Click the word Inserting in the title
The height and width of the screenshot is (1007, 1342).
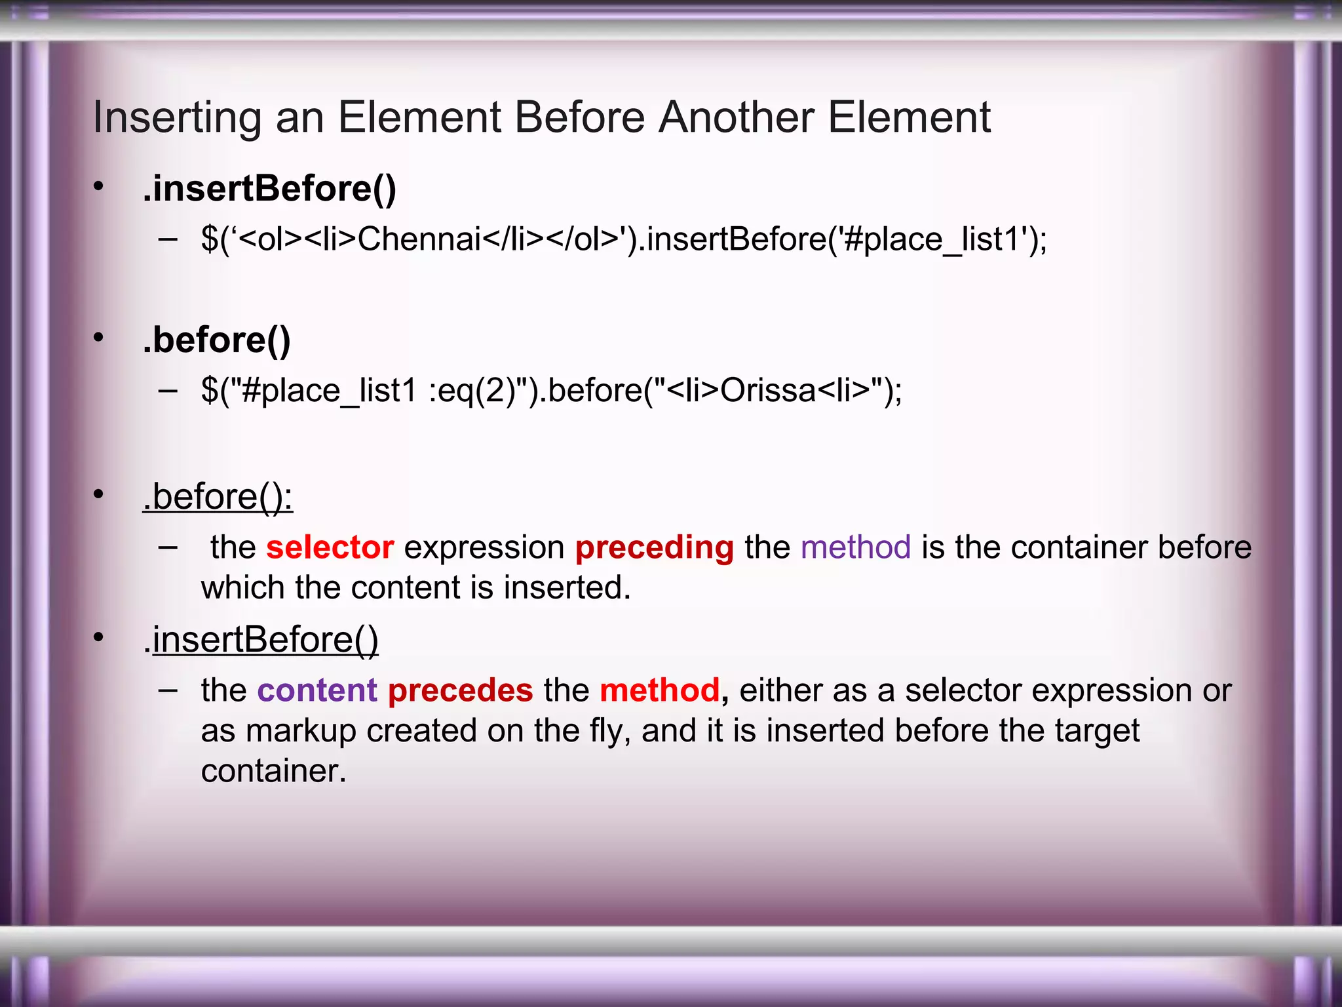click(177, 118)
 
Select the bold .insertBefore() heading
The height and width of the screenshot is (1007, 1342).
click(269, 189)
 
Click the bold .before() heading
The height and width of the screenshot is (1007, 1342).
click(216, 340)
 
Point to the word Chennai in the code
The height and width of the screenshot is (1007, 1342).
click(419, 239)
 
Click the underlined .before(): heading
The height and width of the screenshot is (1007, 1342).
click(218, 497)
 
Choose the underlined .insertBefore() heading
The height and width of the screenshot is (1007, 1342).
click(261, 640)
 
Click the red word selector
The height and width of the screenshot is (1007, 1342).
click(330, 547)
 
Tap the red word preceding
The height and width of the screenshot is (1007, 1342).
click(654, 548)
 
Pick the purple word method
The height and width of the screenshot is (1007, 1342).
click(855, 547)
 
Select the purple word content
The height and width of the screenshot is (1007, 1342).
click(317, 690)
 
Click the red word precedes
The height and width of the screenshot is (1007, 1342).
click(460, 691)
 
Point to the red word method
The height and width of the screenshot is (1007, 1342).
click(659, 690)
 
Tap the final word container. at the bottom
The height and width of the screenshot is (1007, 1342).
click(273, 771)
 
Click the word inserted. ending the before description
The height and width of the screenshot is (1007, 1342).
click(567, 587)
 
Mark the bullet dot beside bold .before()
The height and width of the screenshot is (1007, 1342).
click(98, 338)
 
